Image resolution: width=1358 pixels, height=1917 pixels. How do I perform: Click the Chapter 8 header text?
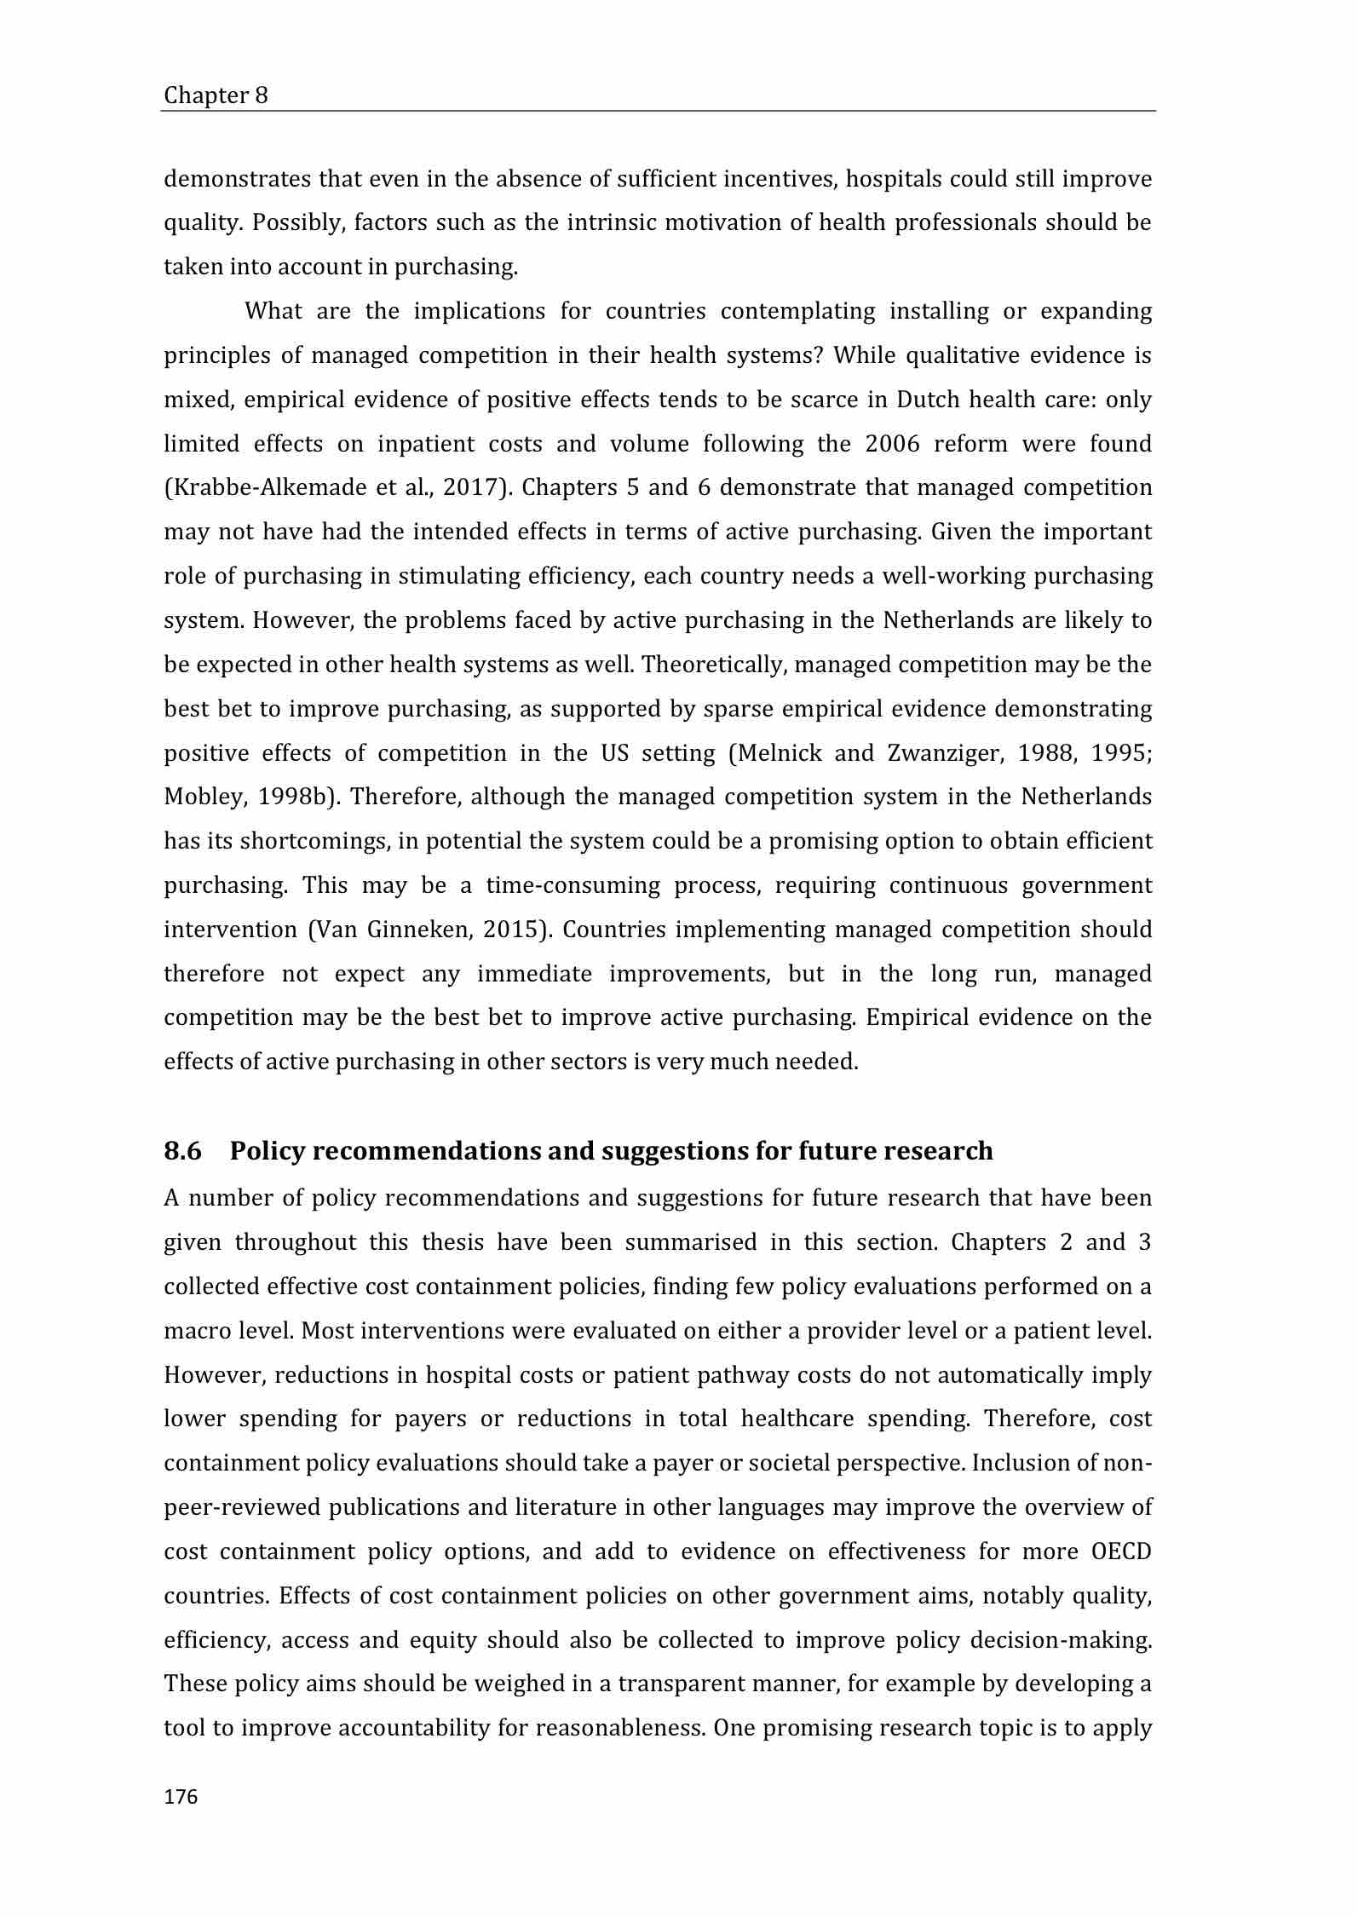pyautogui.click(x=216, y=95)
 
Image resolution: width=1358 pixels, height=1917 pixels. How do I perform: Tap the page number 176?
pyautogui.click(x=181, y=1797)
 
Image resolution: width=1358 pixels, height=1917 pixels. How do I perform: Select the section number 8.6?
pyautogui.click(x=182, y=1151)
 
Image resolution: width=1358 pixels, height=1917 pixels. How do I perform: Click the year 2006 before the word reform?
pyautogui.click(x=895, y=443)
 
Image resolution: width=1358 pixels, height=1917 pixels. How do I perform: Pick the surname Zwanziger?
pyautogui.click(x=950, y=753)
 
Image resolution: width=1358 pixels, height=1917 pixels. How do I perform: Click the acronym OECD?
pyautogui.click(x=1121, y=1551)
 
